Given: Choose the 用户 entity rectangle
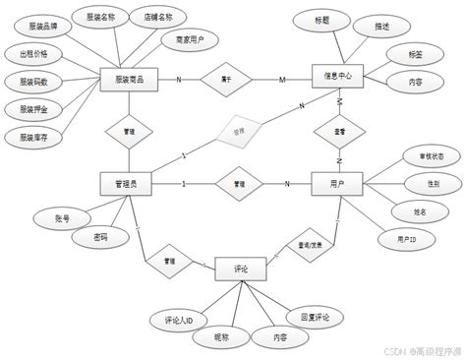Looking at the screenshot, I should point(337,183).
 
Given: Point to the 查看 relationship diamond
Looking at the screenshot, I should point(338,131).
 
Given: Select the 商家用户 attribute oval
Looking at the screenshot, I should point(183,39).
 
